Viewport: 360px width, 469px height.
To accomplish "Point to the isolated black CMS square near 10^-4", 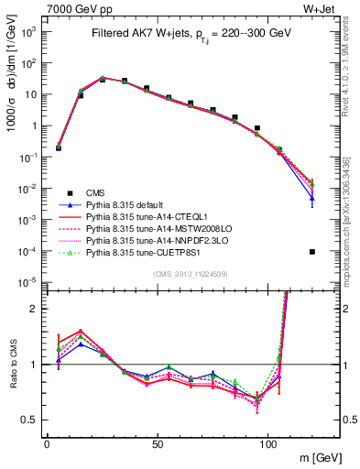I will click(312, 252).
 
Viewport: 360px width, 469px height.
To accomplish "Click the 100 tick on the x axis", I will click(267, 442).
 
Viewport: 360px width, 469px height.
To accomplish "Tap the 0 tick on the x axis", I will click(47, 442).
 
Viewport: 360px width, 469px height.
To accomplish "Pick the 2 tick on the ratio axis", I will click(34, 309).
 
